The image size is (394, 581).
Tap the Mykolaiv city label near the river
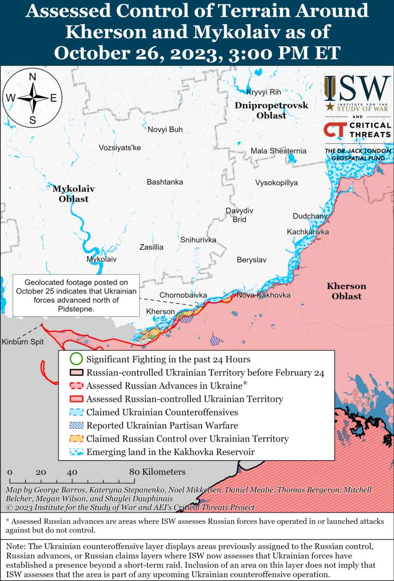pyautogui.click(x=101, y=258)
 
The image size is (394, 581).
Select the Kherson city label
pyautogui.click(x=161, y=312)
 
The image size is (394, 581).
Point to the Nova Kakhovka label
pyautogui.click(x=263, y=295)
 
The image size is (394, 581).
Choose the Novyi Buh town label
pyautogui.click(x=165, y=129)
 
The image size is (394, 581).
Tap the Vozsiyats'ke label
pyautogui.click(x=120, y=148)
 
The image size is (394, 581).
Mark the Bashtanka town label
pyautogui.click(x=164, y=182)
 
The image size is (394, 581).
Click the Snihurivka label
pyautogui.click(x=198, y=240)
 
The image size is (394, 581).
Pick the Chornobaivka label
pyautogui.click(x=183, y=295)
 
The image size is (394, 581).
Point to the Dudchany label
pyautogui.click(x=310, y=216)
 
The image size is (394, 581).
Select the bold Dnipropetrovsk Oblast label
pyautogui.click(x=271, y=111)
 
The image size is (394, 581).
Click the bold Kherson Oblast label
pyautogui.click(x=346, y=291)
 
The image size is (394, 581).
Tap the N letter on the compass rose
pyautogui.click(x=33, y=77)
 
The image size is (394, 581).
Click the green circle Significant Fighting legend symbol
pyautogui.click(x=75, y=359)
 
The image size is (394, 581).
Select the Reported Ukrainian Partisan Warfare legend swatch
pyautogui.click(x=75, y=425)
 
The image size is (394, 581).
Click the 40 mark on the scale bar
pyautogui.click(x=72, y=472)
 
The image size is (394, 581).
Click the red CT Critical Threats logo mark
pyautogui.click(x=334, y=130)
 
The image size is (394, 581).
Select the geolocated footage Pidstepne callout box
pyautogui.click(x=76, y=295)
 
